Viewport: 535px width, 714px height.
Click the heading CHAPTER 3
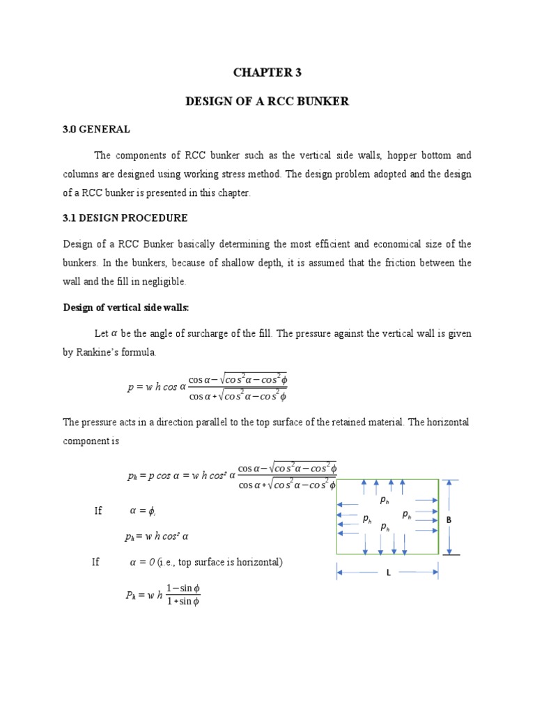(267, 72)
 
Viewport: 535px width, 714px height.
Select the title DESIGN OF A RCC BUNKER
(267, 102)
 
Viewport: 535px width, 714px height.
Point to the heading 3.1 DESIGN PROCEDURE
(125, 218)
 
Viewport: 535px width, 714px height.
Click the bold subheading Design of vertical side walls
(125, 307)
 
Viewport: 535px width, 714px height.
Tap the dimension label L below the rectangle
(388, 572)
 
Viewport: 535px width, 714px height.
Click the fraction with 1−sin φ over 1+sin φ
(183, 595)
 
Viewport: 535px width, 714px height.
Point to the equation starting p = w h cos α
(207, 388)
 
